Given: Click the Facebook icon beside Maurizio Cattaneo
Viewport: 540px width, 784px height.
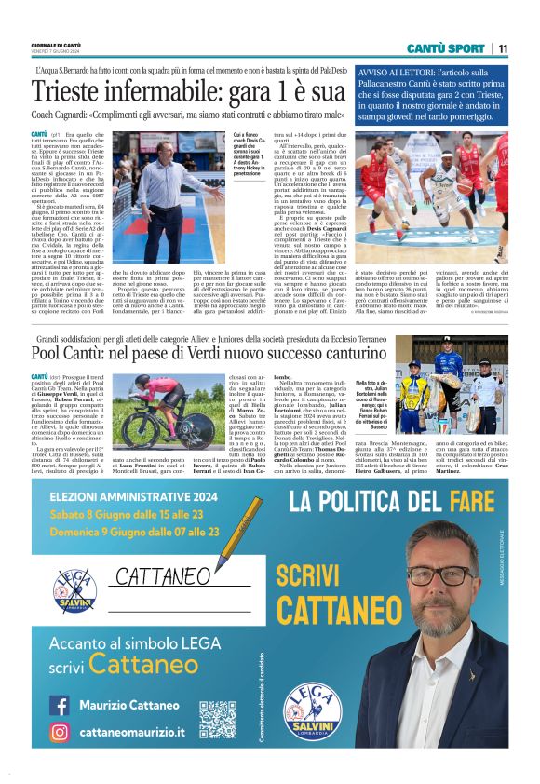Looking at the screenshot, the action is point(60,705).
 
